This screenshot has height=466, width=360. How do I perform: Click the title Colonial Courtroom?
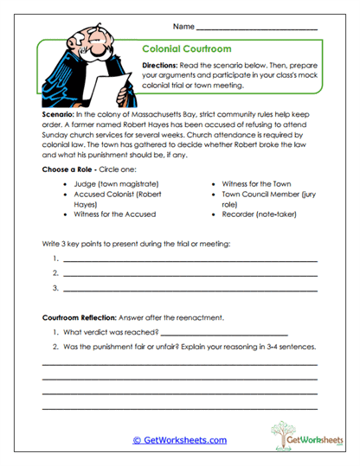(185, 50)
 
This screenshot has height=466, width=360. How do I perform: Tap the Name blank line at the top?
(256, 29)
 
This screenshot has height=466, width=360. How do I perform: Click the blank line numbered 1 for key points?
(190, 259)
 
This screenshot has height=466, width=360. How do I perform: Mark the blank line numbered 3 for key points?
(190, 287)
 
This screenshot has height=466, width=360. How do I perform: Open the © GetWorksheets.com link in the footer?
(179, 440)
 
